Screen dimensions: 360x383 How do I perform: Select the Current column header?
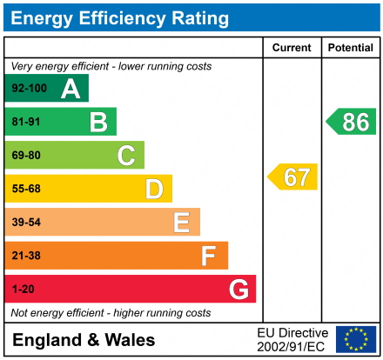tap(292, 48)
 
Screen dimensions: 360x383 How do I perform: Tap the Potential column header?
tap(350, 48)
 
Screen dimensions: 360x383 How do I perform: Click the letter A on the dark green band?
tap(71, 89)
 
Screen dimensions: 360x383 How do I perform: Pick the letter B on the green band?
tap(98, 123)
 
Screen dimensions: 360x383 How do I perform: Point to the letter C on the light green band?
tap(126, 156)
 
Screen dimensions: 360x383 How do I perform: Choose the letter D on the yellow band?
tap(154, 189)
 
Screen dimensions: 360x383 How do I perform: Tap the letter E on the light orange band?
tap(181, 223)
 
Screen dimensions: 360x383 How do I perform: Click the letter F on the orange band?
tap(209, 256)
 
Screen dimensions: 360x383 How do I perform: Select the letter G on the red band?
tap(238, 289)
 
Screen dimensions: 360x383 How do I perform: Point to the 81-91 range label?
tap(26, 123)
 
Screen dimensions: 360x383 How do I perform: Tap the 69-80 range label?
tap(26, 156)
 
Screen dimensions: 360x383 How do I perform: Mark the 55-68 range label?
tap(26, 189)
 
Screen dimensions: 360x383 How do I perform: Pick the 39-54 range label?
tap(26, 223)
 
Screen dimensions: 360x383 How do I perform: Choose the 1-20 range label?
tap(24, 289)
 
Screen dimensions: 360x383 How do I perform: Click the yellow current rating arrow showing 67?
tap(293, 177)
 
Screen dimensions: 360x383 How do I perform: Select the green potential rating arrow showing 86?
tap(352, 122)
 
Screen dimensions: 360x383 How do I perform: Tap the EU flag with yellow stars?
tap(356, 339)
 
